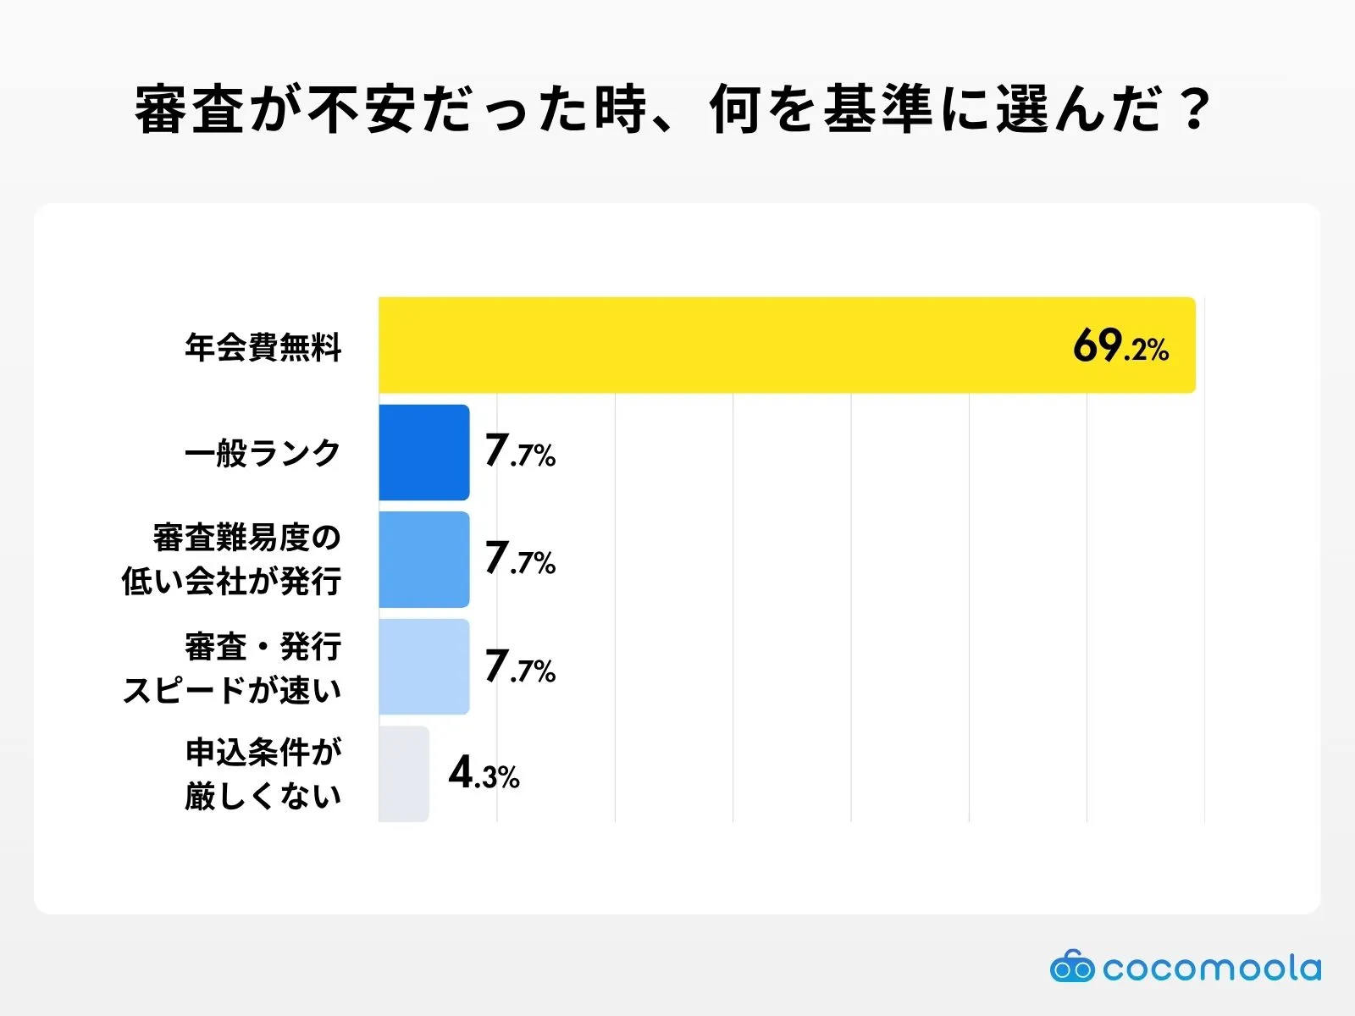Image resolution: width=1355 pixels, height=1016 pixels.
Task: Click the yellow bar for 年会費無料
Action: coord(786,345)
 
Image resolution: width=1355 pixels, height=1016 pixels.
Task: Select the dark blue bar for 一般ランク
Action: coord(423,452)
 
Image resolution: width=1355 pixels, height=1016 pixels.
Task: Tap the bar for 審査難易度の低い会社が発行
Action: coord(423,560)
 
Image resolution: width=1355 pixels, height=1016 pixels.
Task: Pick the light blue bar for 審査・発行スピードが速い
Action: coord(423,666)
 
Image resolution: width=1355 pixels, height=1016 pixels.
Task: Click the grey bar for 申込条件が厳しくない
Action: coord(403,773)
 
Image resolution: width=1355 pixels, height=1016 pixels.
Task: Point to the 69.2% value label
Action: coord(1120,346)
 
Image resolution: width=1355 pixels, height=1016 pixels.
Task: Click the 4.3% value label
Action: coord(484,773)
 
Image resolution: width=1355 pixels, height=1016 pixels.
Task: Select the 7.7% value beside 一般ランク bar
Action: coord(519,452)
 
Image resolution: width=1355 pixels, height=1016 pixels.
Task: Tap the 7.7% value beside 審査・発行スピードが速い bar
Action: coord(519,667)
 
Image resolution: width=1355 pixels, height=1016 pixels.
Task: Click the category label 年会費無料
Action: coord(263,347)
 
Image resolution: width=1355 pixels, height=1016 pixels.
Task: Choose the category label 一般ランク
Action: coord(263,453)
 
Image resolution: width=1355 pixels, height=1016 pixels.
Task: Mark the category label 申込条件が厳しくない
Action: coord(263,774)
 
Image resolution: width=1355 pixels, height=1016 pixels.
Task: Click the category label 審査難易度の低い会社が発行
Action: coord(232,560)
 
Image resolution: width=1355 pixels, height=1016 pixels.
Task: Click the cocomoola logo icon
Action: coord(1071,966)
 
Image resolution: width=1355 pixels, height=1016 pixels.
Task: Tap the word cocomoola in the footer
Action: coord(1211,968)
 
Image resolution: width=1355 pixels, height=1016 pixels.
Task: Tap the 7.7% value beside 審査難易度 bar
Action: coord(519,560)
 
